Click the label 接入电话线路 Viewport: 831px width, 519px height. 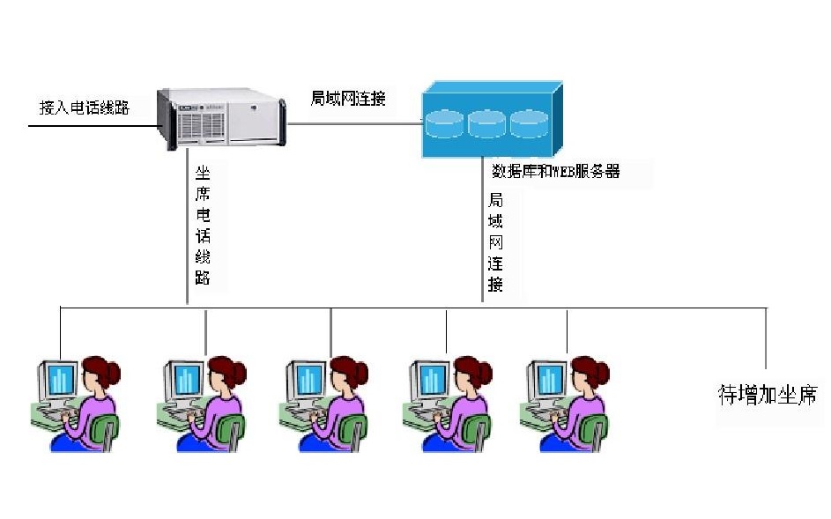(85, 108)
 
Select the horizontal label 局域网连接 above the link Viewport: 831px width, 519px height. (348, 98)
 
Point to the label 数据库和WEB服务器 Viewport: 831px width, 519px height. (555, 171)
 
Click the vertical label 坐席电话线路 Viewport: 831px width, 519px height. (203, 224)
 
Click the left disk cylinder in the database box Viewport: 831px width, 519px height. (443, 123)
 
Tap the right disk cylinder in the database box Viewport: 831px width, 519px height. (529, 123)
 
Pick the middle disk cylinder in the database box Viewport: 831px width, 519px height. (486, 123)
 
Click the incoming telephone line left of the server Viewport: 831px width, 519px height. (88, 125)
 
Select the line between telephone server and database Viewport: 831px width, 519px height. (352, 123)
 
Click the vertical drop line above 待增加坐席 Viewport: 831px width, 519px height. (766, 339)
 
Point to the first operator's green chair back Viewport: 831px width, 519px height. (107, 432)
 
